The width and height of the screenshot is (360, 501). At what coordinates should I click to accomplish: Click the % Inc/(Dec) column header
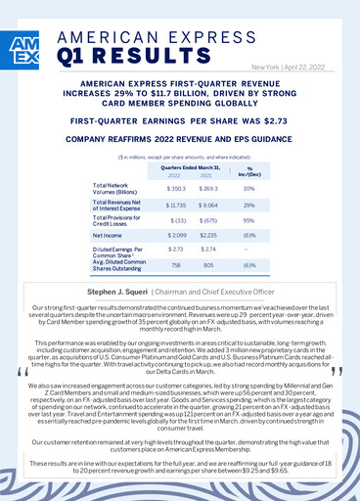tap(248, 170)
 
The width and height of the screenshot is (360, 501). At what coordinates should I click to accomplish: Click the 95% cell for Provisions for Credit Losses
tap(248, 220)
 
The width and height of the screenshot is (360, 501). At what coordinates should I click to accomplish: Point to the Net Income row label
tap(107, 236)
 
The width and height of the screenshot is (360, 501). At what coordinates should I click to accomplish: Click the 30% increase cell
tap(248, 187)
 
